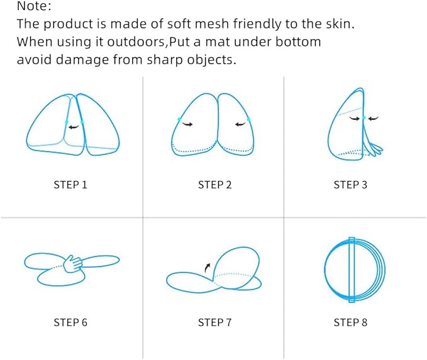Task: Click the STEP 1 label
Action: click(70, 185)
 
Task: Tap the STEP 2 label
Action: click(214, 185)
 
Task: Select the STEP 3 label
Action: click(350, 185)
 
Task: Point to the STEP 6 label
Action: click(70, 322)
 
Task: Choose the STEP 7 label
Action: click(214, 322)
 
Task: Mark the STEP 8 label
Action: click(350, 322)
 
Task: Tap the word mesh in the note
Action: click(212, 24)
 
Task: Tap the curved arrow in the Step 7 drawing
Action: click(208, 268)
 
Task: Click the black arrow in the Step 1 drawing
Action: click(74, 126)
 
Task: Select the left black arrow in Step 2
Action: click(187, 124)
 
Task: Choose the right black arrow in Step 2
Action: click(240, 124)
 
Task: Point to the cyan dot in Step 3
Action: click(364, 118)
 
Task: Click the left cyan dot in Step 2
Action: click(179, 119)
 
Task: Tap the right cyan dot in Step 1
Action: click(82, 122)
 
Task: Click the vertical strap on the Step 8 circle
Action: click(352, 270)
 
